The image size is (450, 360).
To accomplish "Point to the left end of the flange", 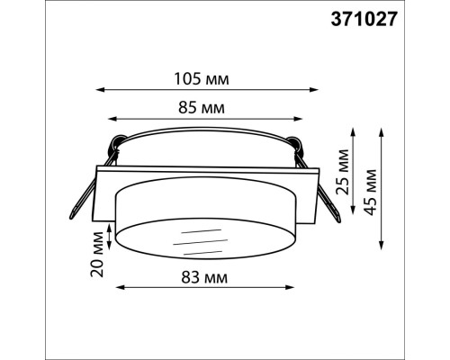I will pyautogui.click(x=96, y=193).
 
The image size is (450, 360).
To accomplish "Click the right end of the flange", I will pyautogui.click(x=319, y=193).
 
